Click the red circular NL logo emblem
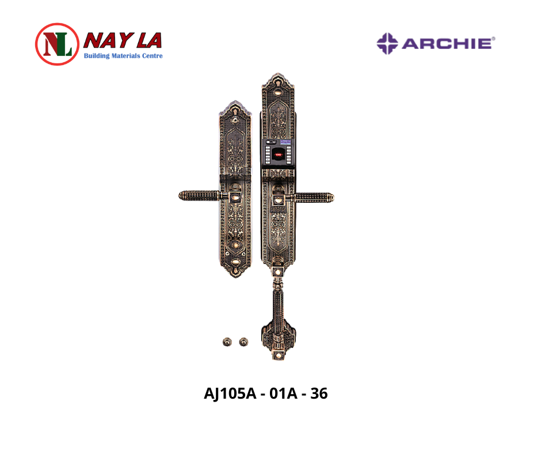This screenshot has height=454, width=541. [58, 44]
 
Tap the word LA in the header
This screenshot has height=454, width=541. [149, 41]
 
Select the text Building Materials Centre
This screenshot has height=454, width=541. [123, 56]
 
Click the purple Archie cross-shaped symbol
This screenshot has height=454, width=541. [387, 44]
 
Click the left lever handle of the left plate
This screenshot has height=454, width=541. [200, 195]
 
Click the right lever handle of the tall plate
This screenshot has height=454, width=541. [313, 198]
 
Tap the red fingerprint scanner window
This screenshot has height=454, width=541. [278, 154]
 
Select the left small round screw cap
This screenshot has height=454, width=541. [227, 342]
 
